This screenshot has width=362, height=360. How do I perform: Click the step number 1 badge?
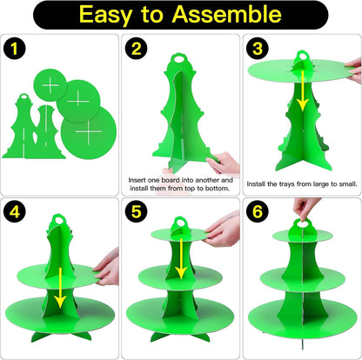[x=15, y=49]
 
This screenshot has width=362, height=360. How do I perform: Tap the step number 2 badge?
[x=136, y=49]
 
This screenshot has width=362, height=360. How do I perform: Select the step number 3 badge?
[x=258, y=49]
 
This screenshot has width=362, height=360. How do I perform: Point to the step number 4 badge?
[x=15, y=211]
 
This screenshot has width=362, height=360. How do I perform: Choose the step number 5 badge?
[x=136, y=211]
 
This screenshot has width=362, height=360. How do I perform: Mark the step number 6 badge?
[x=258, y=211]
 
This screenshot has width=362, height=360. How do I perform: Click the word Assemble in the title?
[x=226, y=14]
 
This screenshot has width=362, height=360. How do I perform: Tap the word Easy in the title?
[x=104, y=15]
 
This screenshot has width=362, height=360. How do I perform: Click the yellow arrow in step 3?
[x=303, y=90]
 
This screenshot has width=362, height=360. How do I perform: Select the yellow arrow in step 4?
[x=60, y=288]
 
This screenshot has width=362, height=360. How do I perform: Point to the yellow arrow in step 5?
[x=181, y=259]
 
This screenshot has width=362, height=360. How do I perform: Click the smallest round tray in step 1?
[x=50, y=85]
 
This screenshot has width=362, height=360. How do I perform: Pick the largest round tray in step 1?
[x=89, y=132]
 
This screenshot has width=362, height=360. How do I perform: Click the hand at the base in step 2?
[x=223, y=163]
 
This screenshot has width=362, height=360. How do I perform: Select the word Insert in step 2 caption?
[x=137, y=180]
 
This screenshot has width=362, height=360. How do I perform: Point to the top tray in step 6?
[x=303, y=236]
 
